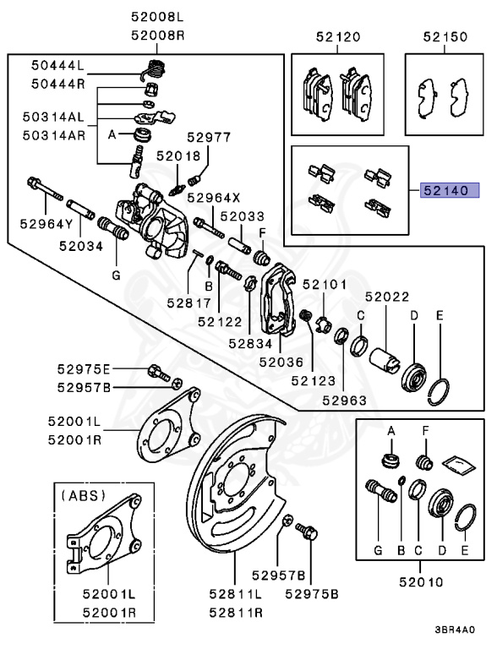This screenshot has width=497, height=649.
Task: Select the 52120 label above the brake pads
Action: point(338,37)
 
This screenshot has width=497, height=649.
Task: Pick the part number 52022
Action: point(387,297)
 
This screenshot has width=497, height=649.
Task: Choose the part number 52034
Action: point(81,246)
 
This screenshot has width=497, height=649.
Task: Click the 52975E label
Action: point(85,369)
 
